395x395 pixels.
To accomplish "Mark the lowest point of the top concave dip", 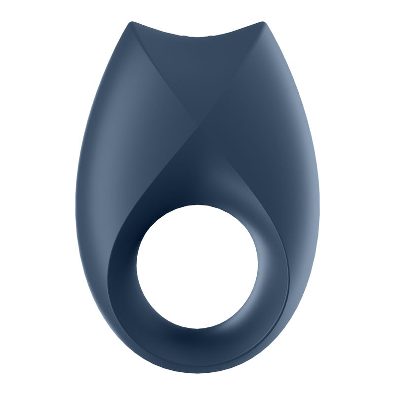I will [x=197, y=38].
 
